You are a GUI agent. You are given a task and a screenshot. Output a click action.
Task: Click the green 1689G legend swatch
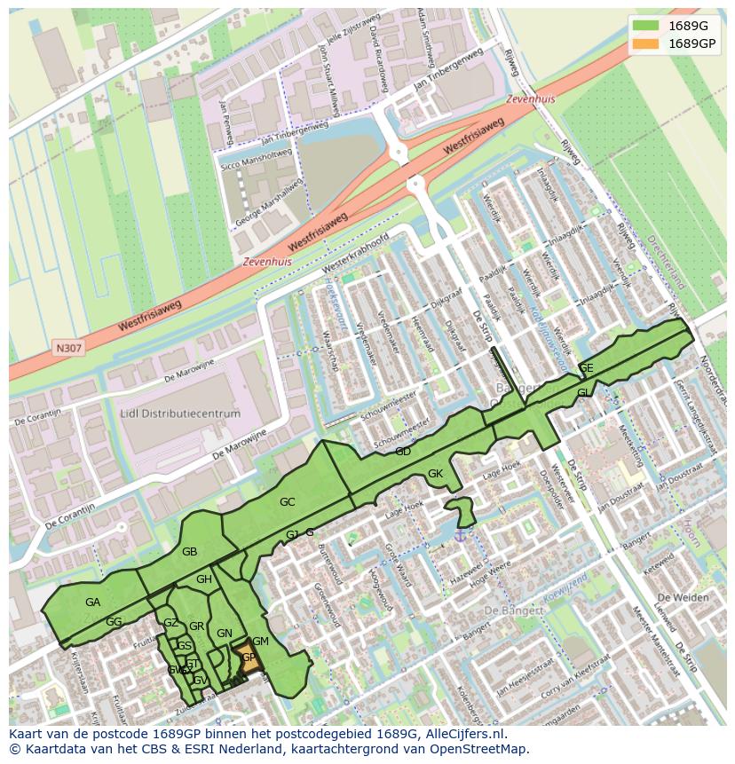[x=645, y=25]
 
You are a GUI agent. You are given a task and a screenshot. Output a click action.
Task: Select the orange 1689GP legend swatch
[x=645, y=43]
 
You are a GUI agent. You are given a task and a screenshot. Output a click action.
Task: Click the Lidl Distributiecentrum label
[x=180, y=414]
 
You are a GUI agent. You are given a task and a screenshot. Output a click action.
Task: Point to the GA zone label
[x=92, y=603]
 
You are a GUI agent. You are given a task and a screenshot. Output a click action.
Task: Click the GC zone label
[x=287, y=502]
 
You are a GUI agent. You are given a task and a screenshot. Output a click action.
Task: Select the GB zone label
[x=189, y=552]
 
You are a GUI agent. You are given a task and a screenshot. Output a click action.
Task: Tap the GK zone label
[x=435, y=474]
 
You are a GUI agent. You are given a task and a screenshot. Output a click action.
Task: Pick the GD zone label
[x=403, y=452]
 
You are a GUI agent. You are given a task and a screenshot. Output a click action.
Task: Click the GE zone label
[x=586, y=368]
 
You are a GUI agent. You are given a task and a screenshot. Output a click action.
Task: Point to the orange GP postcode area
[x=248, y=658]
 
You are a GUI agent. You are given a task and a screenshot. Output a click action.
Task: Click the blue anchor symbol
[x=460, y=533]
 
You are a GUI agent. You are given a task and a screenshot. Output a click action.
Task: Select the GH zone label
[x=203, y=579]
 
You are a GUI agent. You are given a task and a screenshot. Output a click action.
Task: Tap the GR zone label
[x=196, y=626]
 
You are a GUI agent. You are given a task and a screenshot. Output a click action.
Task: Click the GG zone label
[x=114, y=622]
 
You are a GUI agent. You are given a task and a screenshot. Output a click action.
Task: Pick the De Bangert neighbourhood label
[x=515, y=610]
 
